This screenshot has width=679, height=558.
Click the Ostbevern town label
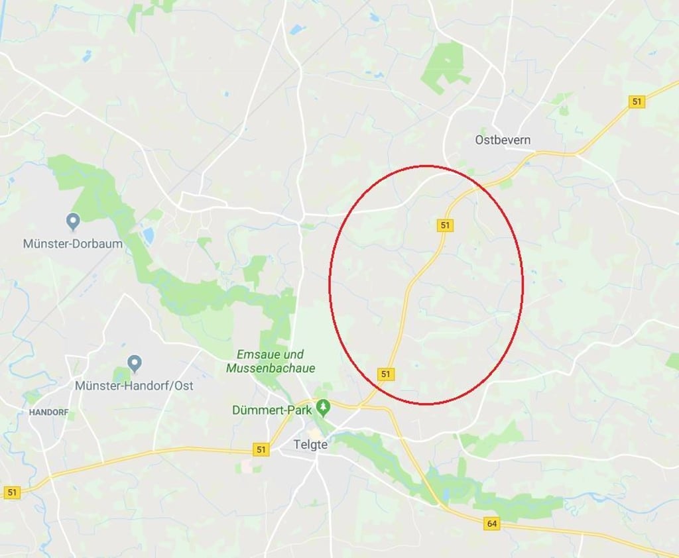[503, 140]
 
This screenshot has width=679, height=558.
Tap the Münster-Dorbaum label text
[73, 243]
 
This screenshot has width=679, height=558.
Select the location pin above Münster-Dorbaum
[73, 221]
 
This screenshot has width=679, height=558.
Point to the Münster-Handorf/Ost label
[134, 385]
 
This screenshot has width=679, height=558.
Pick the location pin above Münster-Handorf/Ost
[135, 363]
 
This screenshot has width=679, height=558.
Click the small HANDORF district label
[48, 412]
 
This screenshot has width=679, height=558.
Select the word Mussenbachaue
[271, 368]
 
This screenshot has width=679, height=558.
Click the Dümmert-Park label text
[272, 410]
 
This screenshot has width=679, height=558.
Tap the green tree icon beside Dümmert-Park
[323, 405]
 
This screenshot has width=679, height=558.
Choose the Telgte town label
[311, 445]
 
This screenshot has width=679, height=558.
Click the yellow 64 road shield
[491, 524]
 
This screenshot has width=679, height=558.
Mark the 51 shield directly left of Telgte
[262, 450]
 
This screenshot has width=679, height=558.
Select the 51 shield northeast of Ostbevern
[637, 101]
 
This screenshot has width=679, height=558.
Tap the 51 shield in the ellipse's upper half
[445, 225]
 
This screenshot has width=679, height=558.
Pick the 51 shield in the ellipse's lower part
[386, 374]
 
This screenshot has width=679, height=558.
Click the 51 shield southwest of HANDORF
[12, 492]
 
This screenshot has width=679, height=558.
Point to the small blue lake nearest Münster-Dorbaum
[148, 235]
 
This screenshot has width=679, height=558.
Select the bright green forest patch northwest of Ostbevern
[446, 66]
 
